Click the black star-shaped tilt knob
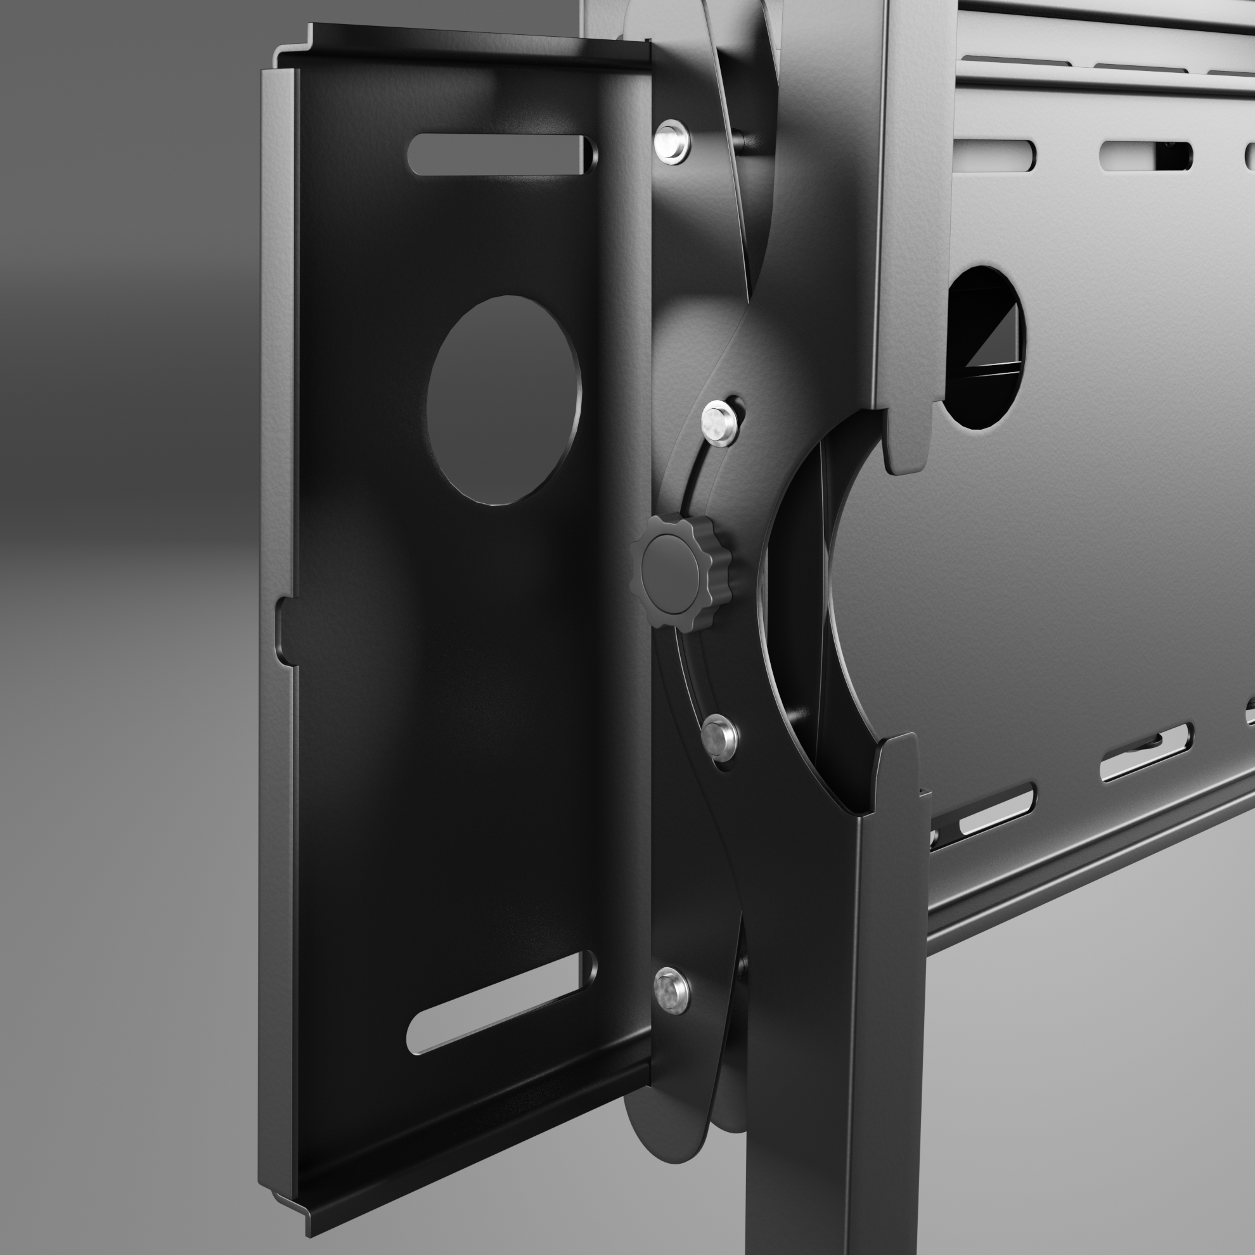679,571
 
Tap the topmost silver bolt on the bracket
671,140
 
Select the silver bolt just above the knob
721,423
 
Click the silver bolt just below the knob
719,735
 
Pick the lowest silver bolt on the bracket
671,991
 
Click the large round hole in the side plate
503,399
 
